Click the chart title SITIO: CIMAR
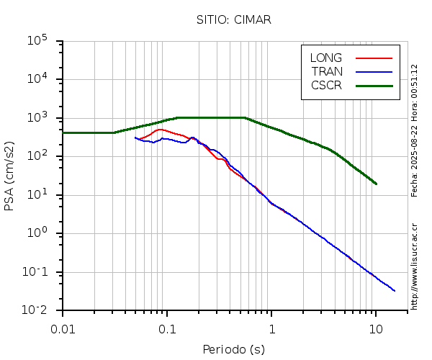[233, 19]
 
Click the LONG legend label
[326, 58]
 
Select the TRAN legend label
[327, 71]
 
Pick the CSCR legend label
[326, 85]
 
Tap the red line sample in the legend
[374, 58]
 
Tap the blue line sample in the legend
[374, 71]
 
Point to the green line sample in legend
[374, 85]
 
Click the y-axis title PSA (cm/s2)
[10, 176]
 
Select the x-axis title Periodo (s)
[233, 350]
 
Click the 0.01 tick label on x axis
[63, 329]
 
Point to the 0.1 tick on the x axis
[167, 329]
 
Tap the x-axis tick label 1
[271, 329]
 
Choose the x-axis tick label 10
[376, 329]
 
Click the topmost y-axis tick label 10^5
[37, 40]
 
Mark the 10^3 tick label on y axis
[37, 117]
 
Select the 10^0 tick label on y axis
[37, 233]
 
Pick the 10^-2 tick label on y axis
[36, 310]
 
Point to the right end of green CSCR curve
[376, 184]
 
